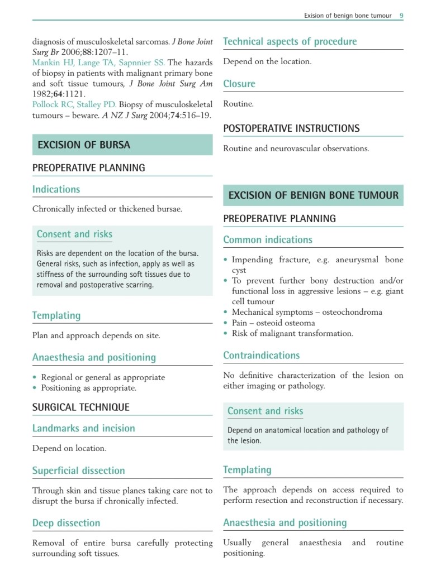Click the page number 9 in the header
tap(401, 16)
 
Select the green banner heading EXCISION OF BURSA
tap(84, 145)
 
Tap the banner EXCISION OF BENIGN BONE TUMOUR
tap(314, 195)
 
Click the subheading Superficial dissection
tap(78, 471)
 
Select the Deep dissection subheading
tap(66, 523)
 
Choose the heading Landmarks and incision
tap(83, 429)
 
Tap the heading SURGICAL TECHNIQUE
tap(80, 407)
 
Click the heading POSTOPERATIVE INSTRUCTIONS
tap(291, 128)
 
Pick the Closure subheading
tap(239, 84)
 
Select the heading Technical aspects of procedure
tap(290, 41)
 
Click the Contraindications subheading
tap(261, 356)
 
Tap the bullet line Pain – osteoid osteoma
tap(273, 323)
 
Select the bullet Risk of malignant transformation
tap(292, 334)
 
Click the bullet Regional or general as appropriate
tap(103, 377)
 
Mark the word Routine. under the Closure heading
tap(238, 104)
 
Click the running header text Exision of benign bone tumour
tap(348, 16)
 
